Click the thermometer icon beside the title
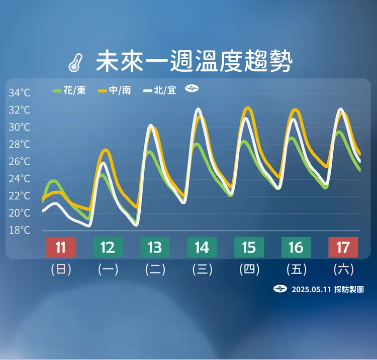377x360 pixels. tap(76, 62)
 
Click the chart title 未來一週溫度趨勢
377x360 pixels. tap(194, 61)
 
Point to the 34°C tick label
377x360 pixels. tap(19, 93)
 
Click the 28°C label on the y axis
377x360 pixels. tap(19, 145)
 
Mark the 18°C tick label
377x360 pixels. tap(19, 230)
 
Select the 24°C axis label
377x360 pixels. tap(19, 179)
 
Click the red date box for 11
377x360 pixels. tap(61, 248)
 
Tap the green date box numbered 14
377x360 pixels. tap(202, 248)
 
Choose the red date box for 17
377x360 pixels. tap(343, 248)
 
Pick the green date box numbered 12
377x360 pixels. tap(108, 248)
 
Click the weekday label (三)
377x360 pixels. tap(202, 270)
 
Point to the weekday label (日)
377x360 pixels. tap(61, 270)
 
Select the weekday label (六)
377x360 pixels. tap(343, 270)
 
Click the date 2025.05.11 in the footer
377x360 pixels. tap(311, 290)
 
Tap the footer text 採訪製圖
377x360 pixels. tap(348, 290)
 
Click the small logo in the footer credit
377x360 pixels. tap(280, 289)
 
